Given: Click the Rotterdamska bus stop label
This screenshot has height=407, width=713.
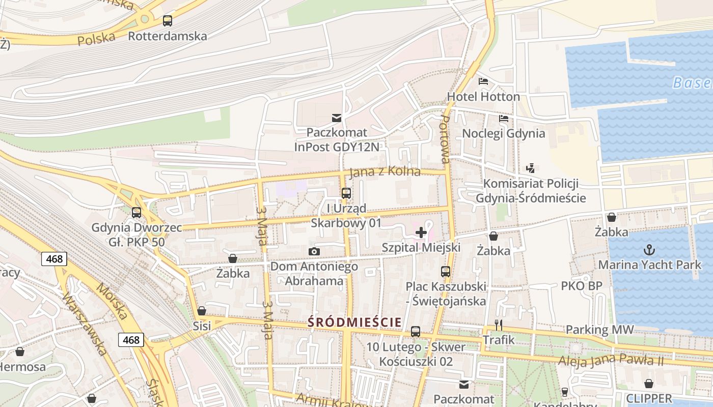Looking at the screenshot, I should coord(168,36).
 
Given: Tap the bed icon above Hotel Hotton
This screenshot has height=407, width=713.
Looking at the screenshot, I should coord(483,81).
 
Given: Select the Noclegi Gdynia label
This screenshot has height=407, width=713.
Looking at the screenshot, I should coord(503,134).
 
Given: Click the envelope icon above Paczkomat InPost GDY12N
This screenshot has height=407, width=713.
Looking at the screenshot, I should coord(337,118).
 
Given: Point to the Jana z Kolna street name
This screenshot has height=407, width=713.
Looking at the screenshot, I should coord(386,171).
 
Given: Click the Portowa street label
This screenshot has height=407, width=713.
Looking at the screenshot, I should coord(445,139).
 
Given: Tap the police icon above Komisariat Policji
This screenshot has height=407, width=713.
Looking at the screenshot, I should coord(530,168).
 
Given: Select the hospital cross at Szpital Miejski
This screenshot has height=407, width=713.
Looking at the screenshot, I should coord(421,233).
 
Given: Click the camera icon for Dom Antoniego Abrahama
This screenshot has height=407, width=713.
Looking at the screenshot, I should coord(314,251).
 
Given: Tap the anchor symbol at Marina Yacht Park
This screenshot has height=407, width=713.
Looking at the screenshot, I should coord(649,250).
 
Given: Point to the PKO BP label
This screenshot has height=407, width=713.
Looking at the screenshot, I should coord(582,286).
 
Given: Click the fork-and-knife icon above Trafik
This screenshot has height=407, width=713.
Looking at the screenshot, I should coord(499,325).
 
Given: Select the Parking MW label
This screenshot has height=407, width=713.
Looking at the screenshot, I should coord(599,330).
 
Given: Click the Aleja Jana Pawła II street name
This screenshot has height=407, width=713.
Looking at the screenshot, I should coord(611,361).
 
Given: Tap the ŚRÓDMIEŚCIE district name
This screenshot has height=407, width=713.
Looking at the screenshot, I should coord(354,322).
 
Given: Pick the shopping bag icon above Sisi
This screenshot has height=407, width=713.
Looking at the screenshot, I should coord(202,311).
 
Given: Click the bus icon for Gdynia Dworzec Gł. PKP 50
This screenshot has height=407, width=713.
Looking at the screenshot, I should coord(136,213).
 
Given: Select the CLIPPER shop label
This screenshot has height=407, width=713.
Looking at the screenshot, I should coord(649,398).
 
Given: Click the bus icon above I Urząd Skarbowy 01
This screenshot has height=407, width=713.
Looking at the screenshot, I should coord(346,193).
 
